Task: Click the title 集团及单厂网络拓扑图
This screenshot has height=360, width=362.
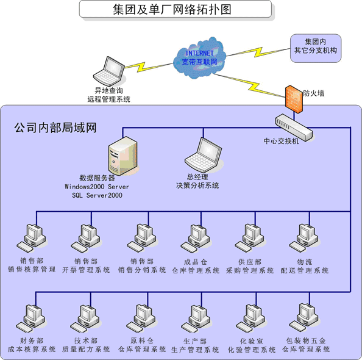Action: point(172,10)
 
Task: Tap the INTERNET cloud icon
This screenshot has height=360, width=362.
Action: point(199,58)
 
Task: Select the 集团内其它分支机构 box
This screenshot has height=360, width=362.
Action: point(316,48)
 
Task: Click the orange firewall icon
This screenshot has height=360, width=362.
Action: point(294,99)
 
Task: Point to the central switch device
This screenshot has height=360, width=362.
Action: point(294,128)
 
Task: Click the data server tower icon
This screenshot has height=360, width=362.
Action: point(123,156)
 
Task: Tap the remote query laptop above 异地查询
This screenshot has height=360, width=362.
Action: point(109,71)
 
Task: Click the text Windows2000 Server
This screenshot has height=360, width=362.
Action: point(97,187)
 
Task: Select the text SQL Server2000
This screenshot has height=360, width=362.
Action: point(97,195)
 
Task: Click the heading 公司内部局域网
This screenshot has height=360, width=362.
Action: point(55,128)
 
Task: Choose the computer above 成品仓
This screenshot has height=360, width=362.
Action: point(195,239)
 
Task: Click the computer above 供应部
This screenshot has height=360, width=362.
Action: point(250,238)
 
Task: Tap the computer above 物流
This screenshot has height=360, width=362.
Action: point(304,238)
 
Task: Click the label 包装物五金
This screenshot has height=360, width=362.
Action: point(306,340)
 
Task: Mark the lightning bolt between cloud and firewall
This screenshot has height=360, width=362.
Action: point(250,85)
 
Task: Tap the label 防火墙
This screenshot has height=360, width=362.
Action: point(313,93)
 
